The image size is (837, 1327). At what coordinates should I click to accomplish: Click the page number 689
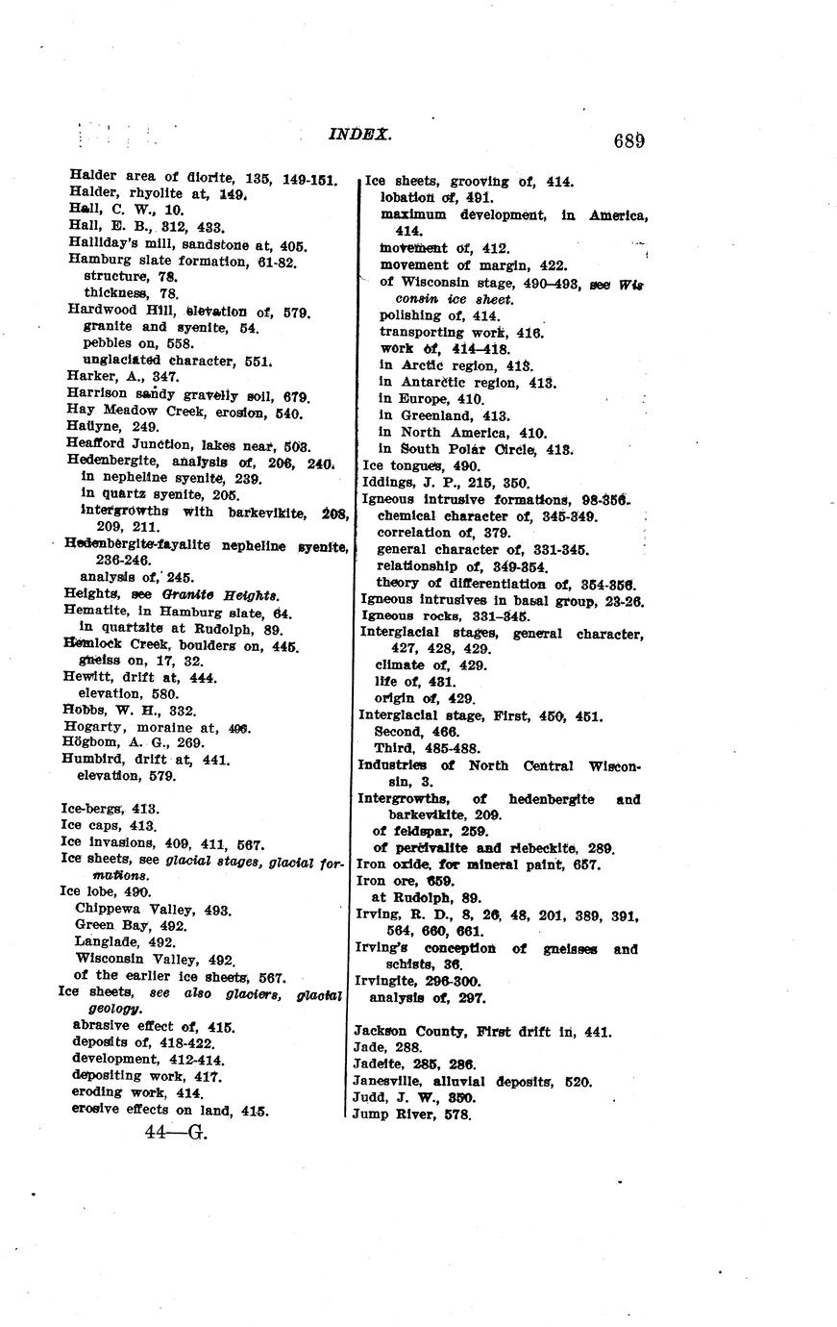[x=628, y=141]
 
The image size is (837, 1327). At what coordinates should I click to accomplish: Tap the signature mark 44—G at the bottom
[x=176, y=1132]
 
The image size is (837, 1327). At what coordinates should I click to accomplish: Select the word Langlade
[x=103, y=942]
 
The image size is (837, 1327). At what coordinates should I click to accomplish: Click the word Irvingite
[x=387, y=981]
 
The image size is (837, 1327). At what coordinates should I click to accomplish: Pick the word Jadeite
[x=378, y=1064]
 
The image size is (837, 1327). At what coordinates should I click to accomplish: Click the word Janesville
[x=387, y=1081]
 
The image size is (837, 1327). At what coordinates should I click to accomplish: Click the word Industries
[x=392, y=765]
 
